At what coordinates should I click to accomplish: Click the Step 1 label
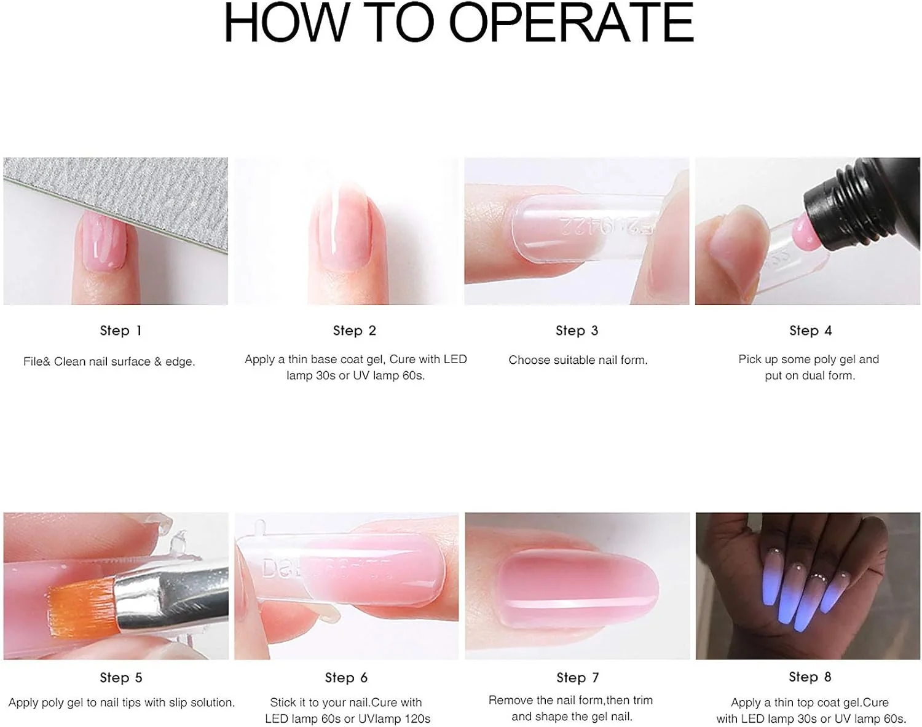(x=120, y=331)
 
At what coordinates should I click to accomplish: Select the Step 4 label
(x=811, y=331)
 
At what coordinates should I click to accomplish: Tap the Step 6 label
(x=346, y=677)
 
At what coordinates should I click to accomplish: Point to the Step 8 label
(x=810, y=677)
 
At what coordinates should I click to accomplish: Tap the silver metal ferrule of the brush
(x=171, y=595)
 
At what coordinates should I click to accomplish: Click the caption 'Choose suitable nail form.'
(x=578, y=360)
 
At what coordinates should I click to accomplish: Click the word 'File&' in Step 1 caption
(x=37, y=361)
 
